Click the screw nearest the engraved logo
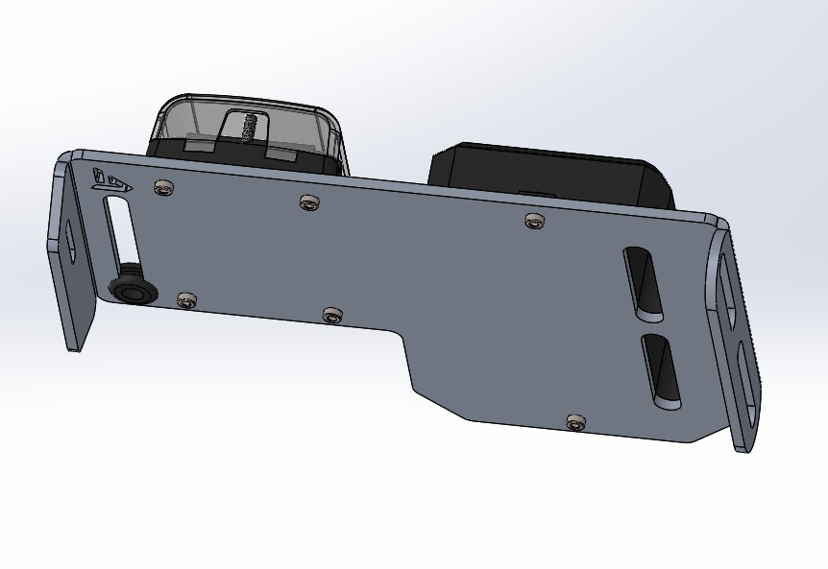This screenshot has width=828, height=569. [x=164, y=187]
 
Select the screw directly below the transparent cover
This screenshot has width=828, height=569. [x=308, y=202]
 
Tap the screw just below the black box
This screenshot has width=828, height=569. [x=535, y=222]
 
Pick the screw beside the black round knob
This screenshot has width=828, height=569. [x=186, y=299]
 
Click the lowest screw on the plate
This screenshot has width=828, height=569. [x=576, y=421]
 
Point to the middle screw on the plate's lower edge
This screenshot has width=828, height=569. [x=332, y=314]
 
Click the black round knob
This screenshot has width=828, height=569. [x=130, y=288]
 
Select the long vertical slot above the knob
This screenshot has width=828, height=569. [x=121, y=231]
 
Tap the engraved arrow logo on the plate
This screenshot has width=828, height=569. [x=109, y=178]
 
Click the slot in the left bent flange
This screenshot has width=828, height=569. [x=69, y=240]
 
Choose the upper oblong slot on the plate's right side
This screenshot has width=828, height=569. [x=643, y=283]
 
